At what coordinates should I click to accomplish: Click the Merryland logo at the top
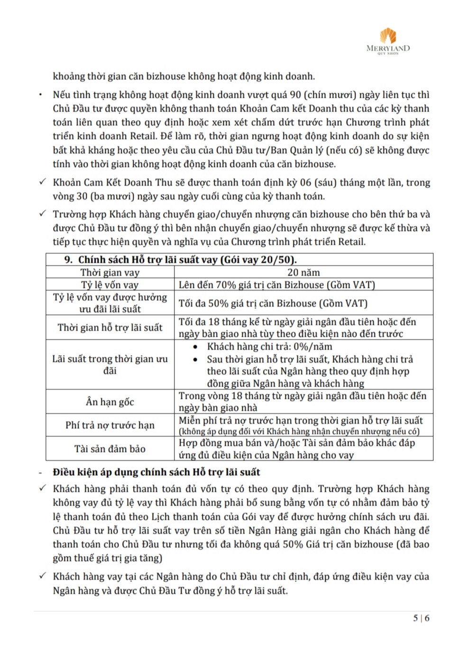[388, 41]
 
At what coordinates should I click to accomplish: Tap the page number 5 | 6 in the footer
[421, 618]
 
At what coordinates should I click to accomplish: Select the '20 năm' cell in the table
[303, 272]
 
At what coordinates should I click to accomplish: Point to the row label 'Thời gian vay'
[110, 272]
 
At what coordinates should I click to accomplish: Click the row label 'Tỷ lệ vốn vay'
[110, 285]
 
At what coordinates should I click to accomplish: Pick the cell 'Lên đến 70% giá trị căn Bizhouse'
[276, 285]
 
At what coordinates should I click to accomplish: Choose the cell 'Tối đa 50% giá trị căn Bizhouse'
[273, 303]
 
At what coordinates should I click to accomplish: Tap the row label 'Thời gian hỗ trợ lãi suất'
[110, 327]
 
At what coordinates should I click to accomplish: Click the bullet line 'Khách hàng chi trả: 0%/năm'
[269, 346]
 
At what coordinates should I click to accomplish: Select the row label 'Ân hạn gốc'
[110, 402]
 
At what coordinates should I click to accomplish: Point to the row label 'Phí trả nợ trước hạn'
[110, 425]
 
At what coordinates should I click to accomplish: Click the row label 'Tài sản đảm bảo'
[110, 449]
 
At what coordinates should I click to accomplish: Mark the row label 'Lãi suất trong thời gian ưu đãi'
[110, 365]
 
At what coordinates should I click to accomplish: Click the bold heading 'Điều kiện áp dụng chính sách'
[156, 472]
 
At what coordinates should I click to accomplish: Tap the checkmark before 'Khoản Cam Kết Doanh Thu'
[43, 182]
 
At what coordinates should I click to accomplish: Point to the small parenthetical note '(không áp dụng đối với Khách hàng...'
[299, 431]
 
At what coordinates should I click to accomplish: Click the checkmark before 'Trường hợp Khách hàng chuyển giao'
[43, 213]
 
